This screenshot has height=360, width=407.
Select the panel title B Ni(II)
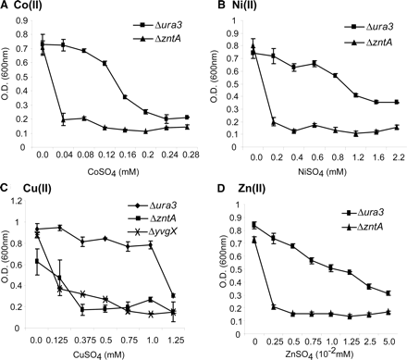coord(240,7)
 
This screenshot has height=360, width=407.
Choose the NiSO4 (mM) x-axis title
coord(326,171)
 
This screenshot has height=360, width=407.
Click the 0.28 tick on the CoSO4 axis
coord(190,156)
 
